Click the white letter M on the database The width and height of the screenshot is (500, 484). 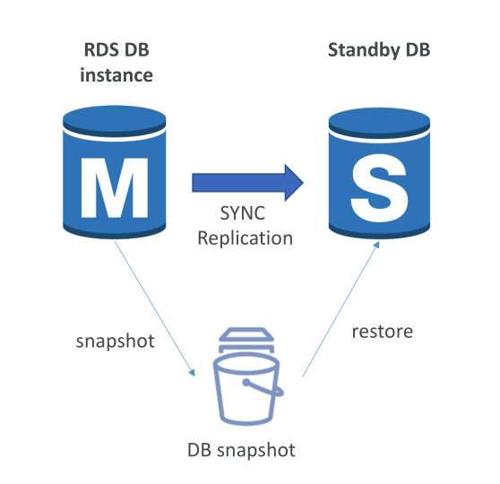(115, 187)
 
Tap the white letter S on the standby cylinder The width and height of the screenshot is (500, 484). (379, 188)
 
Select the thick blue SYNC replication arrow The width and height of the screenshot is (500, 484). (247, 183)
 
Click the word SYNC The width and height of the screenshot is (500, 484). (242, 213)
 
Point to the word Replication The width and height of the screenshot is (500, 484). (245, 238)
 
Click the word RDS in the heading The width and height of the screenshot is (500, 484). (102, 50)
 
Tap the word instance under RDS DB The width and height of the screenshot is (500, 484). (116, 75)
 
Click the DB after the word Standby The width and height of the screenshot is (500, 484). (418, 50)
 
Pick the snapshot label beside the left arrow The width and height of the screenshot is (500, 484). (115, 341)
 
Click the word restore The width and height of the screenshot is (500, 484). (383, 332)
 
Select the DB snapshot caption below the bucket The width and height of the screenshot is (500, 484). (241, 450)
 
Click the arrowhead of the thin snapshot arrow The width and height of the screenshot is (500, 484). (192, 373)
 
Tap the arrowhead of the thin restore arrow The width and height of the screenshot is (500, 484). (376, 245)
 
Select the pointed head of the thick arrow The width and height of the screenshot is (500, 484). (294, 183)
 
